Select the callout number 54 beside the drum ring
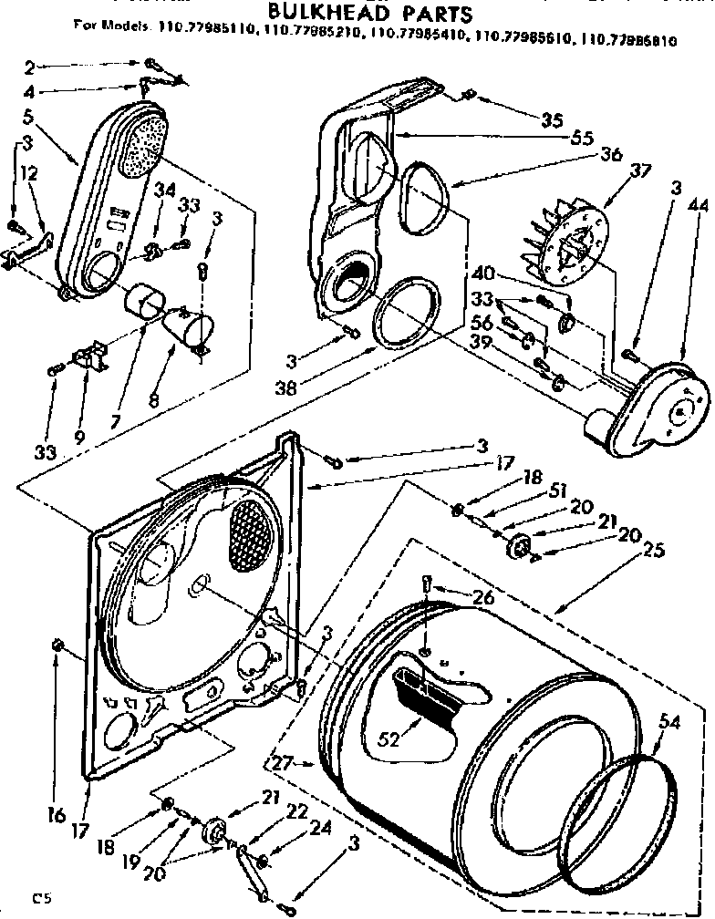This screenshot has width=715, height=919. click(x=669, y=724)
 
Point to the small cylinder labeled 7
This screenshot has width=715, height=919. click(x=145, y=301)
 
